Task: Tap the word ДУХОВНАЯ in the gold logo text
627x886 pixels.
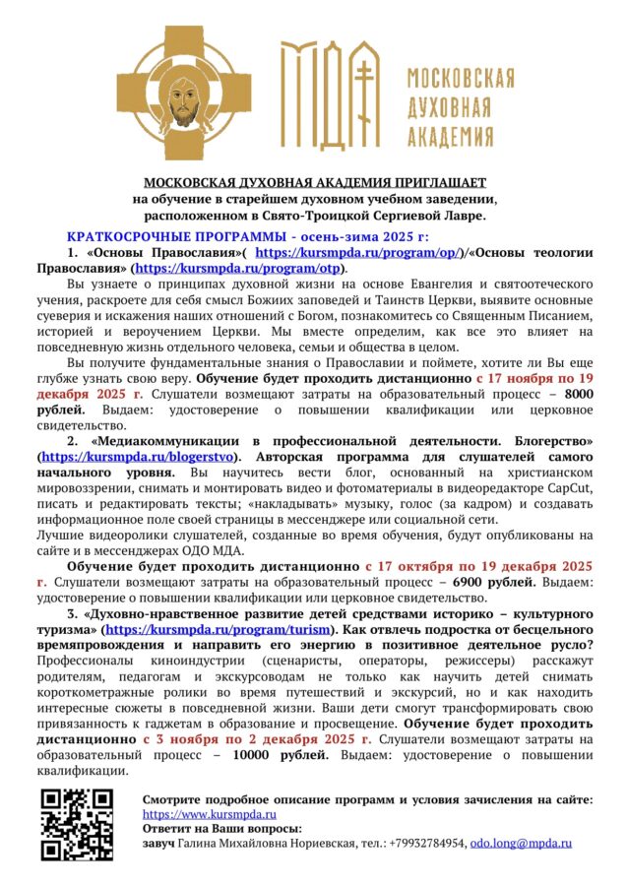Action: click(x=462, y=104)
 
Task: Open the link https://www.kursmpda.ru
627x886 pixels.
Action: click(x=209, y=815)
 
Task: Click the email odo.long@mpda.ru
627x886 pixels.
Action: click(x=521, y=844)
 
